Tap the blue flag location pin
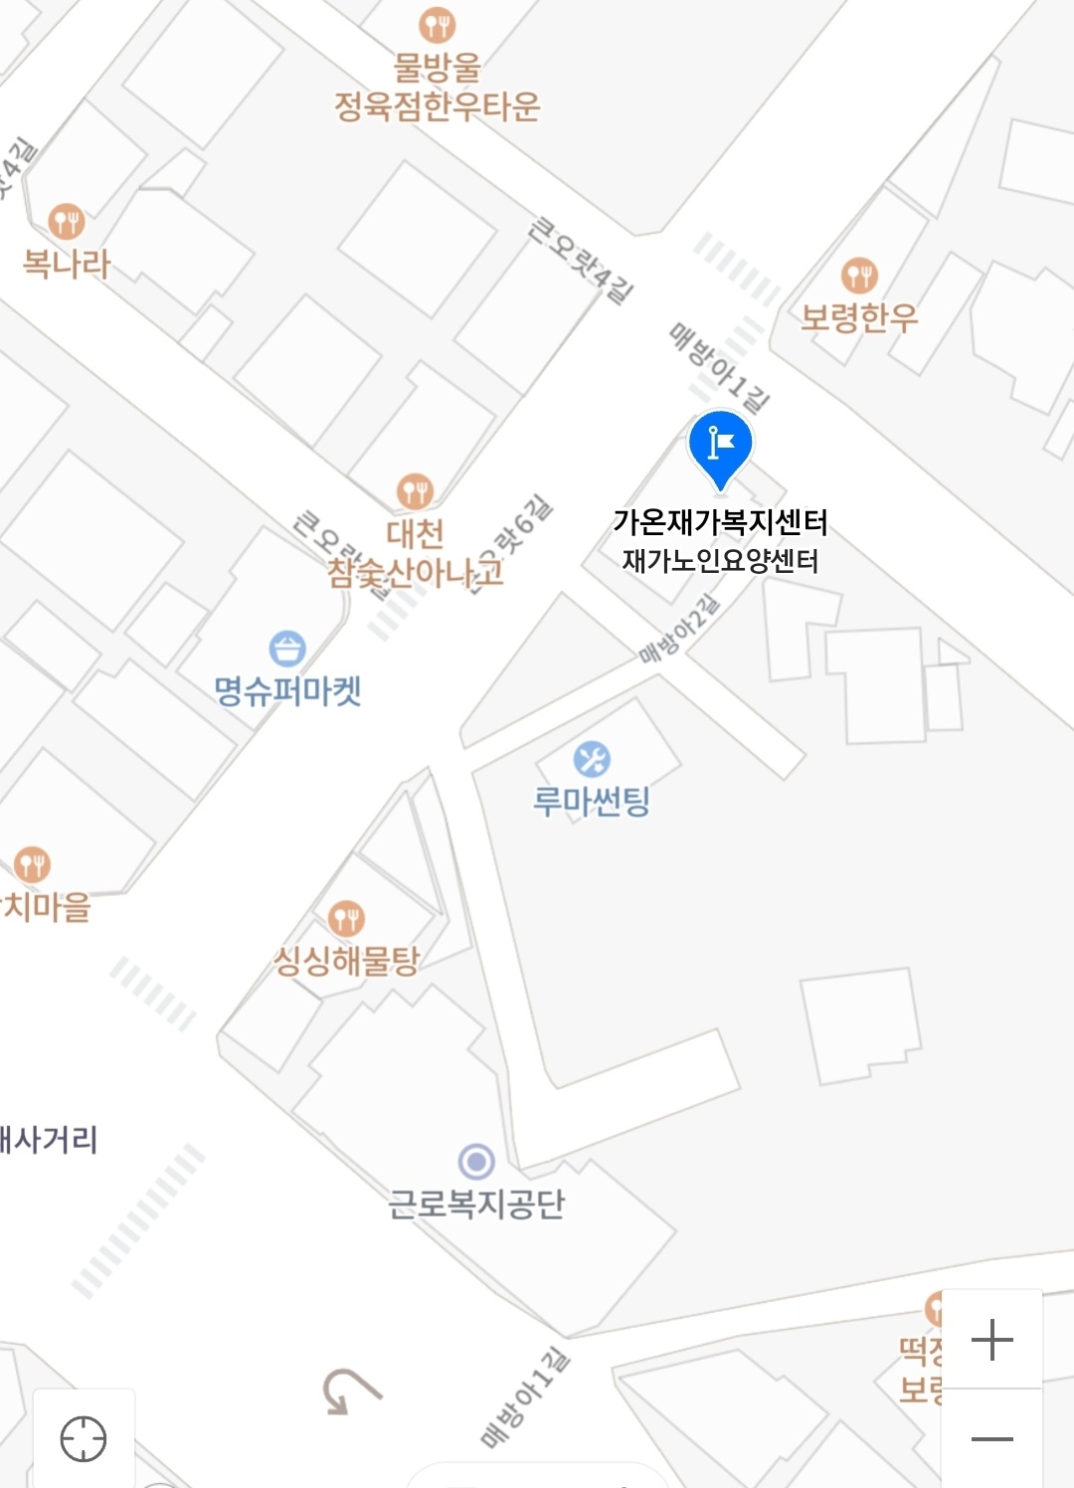720,445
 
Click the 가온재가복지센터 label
720,522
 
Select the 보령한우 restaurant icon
859,275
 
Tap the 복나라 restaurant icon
67,221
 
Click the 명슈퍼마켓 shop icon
287,649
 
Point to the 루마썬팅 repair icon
592,760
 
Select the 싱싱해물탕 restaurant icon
346,918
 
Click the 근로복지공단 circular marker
476,1161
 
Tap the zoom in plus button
991,1340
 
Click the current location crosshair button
84,1438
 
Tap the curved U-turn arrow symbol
349,1390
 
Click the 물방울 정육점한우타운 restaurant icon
437,24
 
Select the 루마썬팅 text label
592,801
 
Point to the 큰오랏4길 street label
581,260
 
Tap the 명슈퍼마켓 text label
287,691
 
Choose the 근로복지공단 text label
476,1205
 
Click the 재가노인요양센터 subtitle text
720,561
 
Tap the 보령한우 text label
859,317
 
